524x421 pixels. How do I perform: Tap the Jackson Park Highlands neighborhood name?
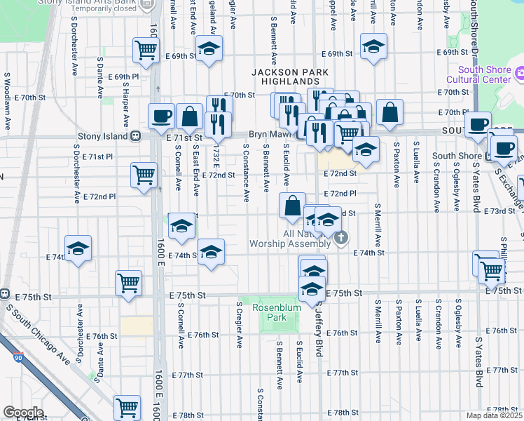285,76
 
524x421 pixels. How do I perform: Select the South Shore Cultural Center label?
484,74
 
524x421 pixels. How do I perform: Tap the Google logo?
24,413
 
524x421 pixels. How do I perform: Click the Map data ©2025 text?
495,415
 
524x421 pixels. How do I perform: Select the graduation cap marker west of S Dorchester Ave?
78,248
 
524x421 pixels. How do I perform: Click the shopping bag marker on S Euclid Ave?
292,206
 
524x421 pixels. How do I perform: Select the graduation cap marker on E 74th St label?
210,253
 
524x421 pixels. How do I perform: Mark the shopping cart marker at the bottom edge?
127,407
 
